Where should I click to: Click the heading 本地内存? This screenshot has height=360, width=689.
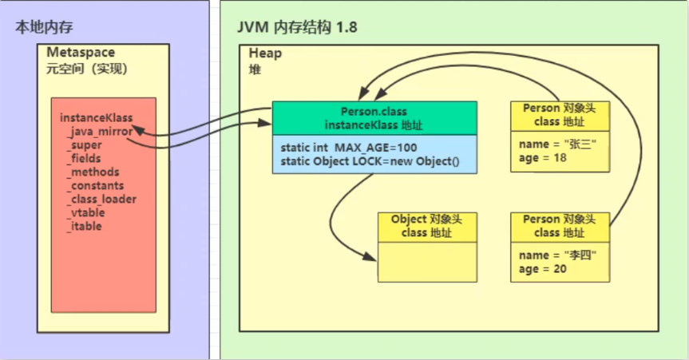44,27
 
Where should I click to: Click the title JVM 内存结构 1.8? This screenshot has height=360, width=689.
297,27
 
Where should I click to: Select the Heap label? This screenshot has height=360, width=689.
265,53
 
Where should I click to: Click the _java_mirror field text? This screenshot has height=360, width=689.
100,132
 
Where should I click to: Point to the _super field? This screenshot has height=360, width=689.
84,145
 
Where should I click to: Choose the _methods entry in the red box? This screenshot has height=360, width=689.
93,172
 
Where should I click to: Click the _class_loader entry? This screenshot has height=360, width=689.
101,199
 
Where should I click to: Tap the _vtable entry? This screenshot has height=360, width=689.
85,212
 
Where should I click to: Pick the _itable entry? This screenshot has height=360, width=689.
84,226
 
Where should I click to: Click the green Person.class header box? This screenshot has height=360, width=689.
374,118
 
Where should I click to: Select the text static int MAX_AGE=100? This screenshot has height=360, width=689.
349,148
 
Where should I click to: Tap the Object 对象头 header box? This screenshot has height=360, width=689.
427,226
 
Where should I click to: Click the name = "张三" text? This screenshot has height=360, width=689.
556,144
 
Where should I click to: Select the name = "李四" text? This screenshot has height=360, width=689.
556,255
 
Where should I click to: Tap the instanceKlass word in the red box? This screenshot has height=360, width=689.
96,118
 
